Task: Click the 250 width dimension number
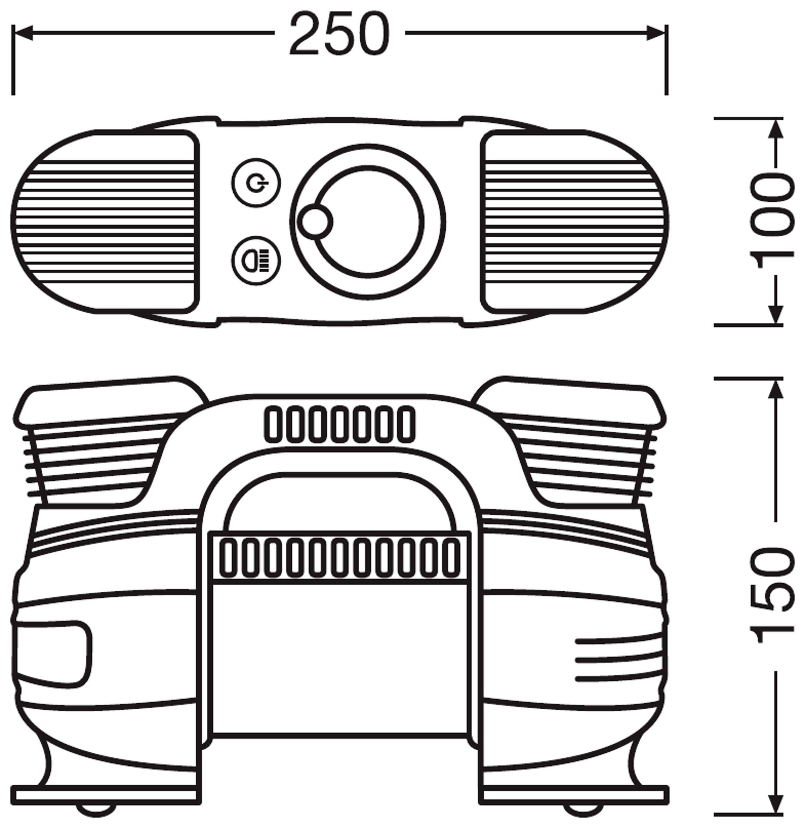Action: tap(339, 34)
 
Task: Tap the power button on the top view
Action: tap(256, 183)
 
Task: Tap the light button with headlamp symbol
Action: tap(256, 260)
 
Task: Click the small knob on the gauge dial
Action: tap(315, 222)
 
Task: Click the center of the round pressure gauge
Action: tap(368, 221)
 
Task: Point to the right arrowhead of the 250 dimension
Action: tap(657, 33)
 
